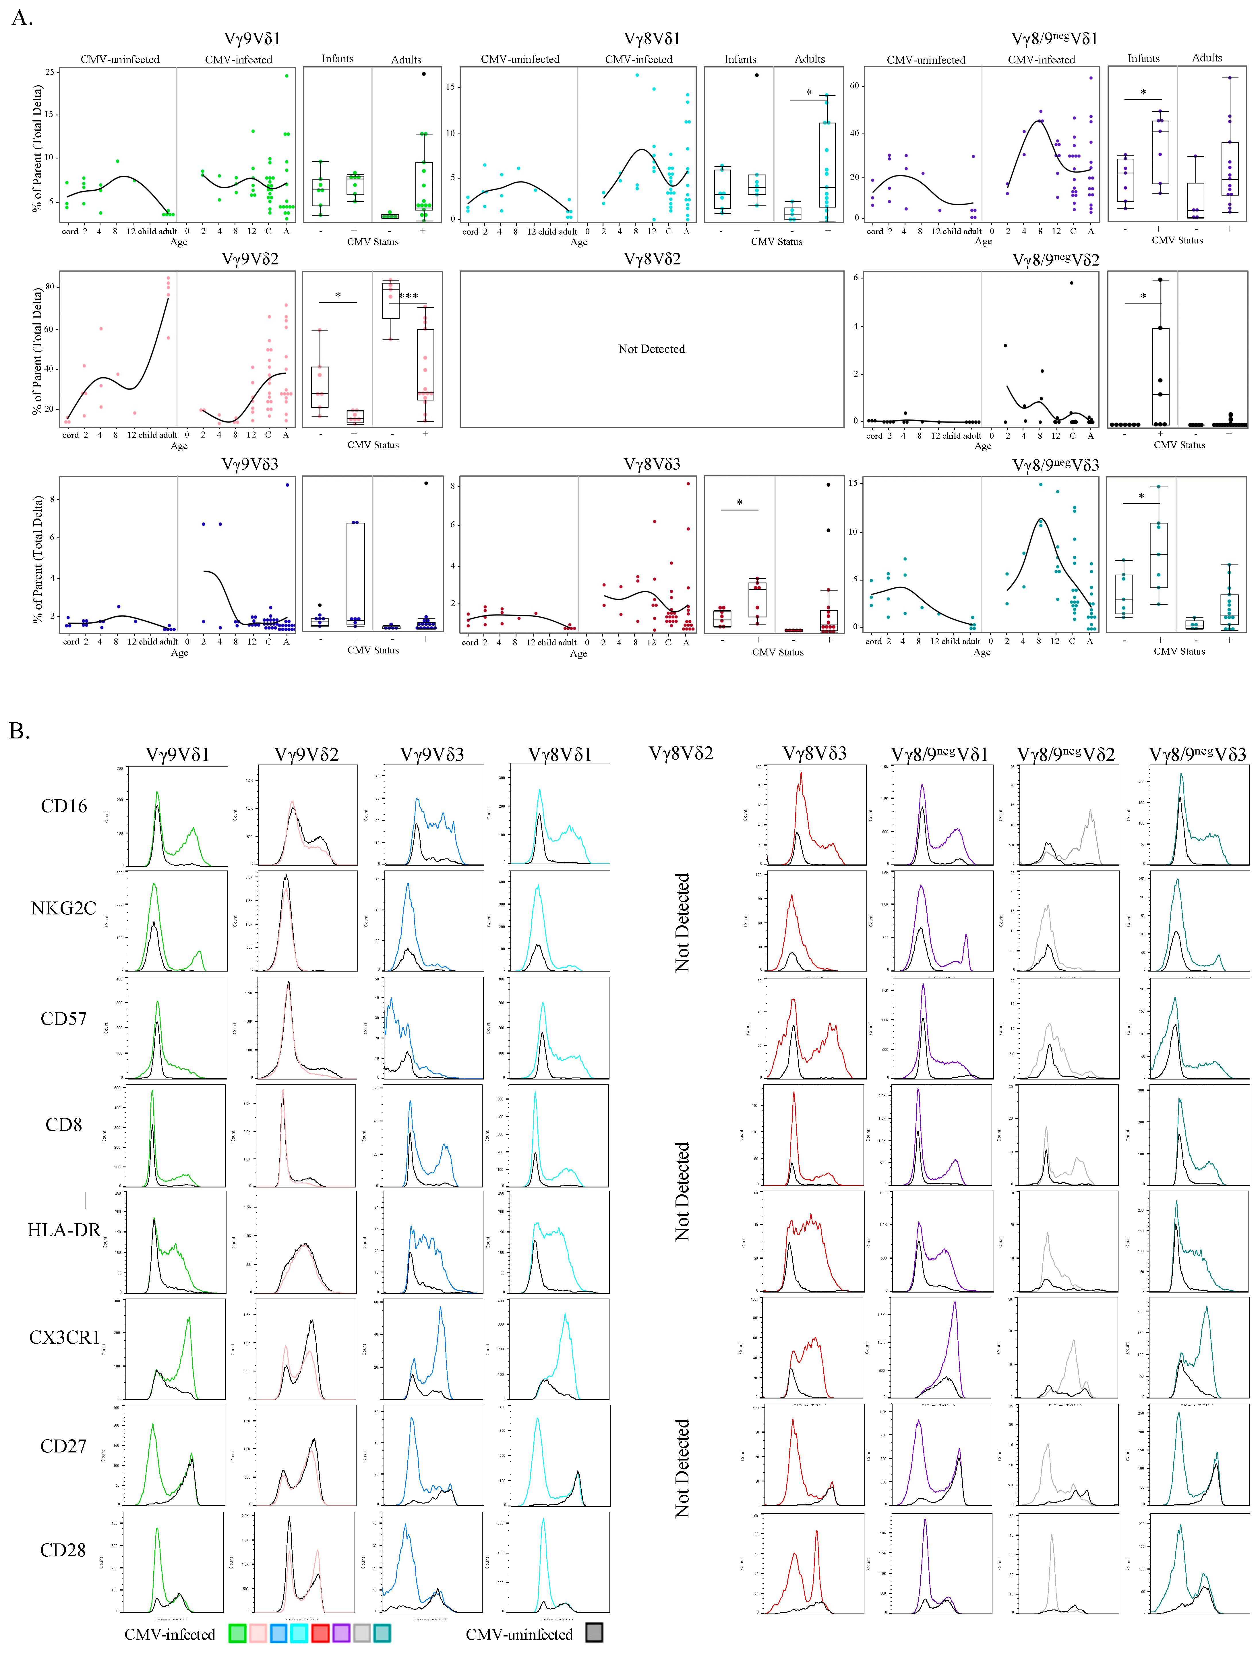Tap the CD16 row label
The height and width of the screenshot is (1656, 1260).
64,806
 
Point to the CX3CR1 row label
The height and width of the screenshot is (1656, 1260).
64,1337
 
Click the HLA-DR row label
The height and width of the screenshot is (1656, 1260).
64,1230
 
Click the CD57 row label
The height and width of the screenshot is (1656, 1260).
64,1019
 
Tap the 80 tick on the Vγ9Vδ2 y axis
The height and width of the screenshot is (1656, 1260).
49,287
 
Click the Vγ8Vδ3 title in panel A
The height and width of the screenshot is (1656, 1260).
652,464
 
